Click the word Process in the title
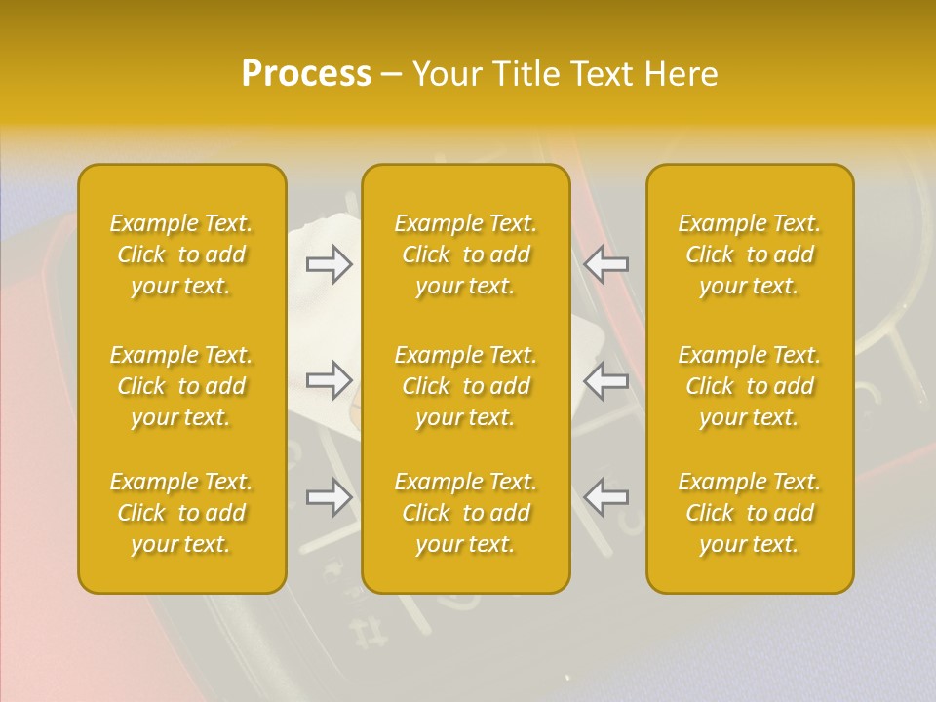[x=306, y=74]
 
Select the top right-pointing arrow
[x=330, y=264]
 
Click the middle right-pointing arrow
[x=330, y=380]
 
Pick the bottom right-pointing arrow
[x=330, y=497]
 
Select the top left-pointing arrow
[x=605, y=264]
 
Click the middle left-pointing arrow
[x=605, y=380]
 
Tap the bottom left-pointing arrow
[x=605, y=497]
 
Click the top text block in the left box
[x=181, y=254]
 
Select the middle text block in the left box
[x=181, y=386]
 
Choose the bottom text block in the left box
[x=181, y=513]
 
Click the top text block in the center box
[x=466, y=254]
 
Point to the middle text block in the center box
[x=466, y=386]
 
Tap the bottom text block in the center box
[x=466, y=513]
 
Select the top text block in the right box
[x=750, y=254]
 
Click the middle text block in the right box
[x=750, y=386]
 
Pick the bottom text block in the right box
[x=750, y=513]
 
